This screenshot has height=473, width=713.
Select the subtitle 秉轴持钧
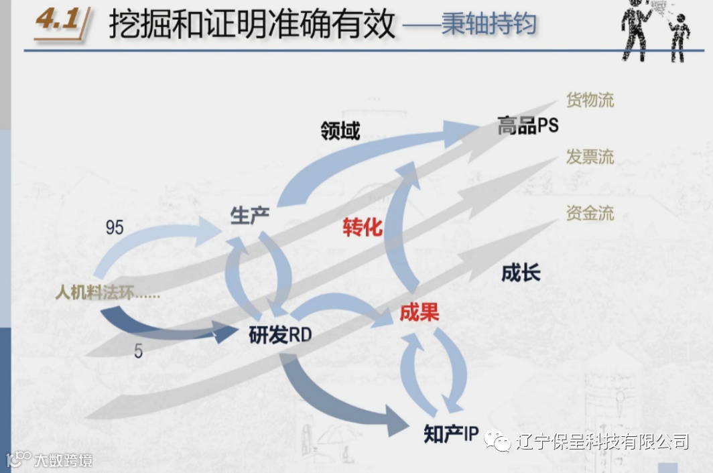(489, 25)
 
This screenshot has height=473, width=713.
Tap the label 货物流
(590, 101)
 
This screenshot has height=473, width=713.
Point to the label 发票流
(590, 157)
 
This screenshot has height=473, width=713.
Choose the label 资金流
(590, 214)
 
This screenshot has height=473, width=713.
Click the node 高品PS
(527, 125)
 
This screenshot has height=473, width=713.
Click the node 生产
(250, 216)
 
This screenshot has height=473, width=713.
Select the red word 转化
(362, 228)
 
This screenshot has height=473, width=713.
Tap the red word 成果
(419, 312)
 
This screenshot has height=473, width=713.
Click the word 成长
(521, 273)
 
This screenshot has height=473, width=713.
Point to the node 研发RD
(280, 335)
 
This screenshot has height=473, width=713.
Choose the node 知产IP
(451, 434)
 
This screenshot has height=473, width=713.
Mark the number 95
(115, 228)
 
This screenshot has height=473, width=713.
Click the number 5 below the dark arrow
(138, 351)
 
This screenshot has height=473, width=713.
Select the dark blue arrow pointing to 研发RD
(168, 326)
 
